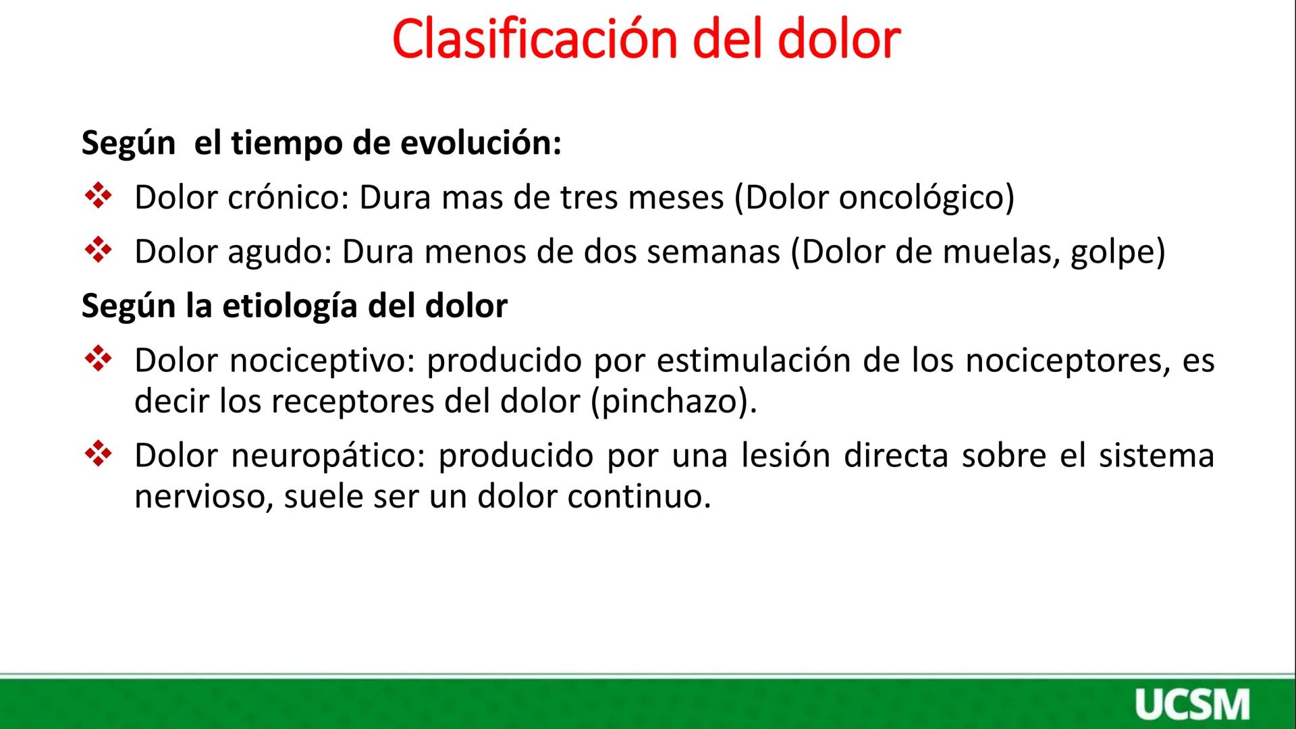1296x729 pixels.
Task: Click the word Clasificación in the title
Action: [534, 39]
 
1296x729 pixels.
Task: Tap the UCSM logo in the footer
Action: [1191, 705]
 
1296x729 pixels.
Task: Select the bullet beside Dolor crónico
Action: [99, 197]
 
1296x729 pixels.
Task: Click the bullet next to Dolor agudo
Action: [99, 251]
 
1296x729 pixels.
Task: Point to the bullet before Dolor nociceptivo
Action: [99, 360]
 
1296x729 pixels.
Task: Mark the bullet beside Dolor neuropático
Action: [99, 455]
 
